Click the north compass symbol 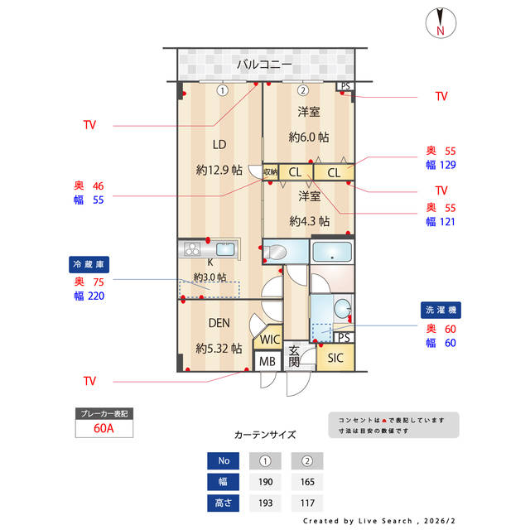coord(440,22)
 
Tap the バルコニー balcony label coord(263,64)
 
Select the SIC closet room coord(335,358)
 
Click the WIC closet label coord(269,340)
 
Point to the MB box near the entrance coord(267,362)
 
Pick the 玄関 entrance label coord(294,357)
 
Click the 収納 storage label coord(271,172)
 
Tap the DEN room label coord(219,323)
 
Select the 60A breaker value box coord(104,429)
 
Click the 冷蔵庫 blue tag coord(89,264)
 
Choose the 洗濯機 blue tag coord(441,310)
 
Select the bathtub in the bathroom coord(332,252)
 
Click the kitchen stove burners coord(191,249)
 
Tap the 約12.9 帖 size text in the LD coord(219,170)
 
